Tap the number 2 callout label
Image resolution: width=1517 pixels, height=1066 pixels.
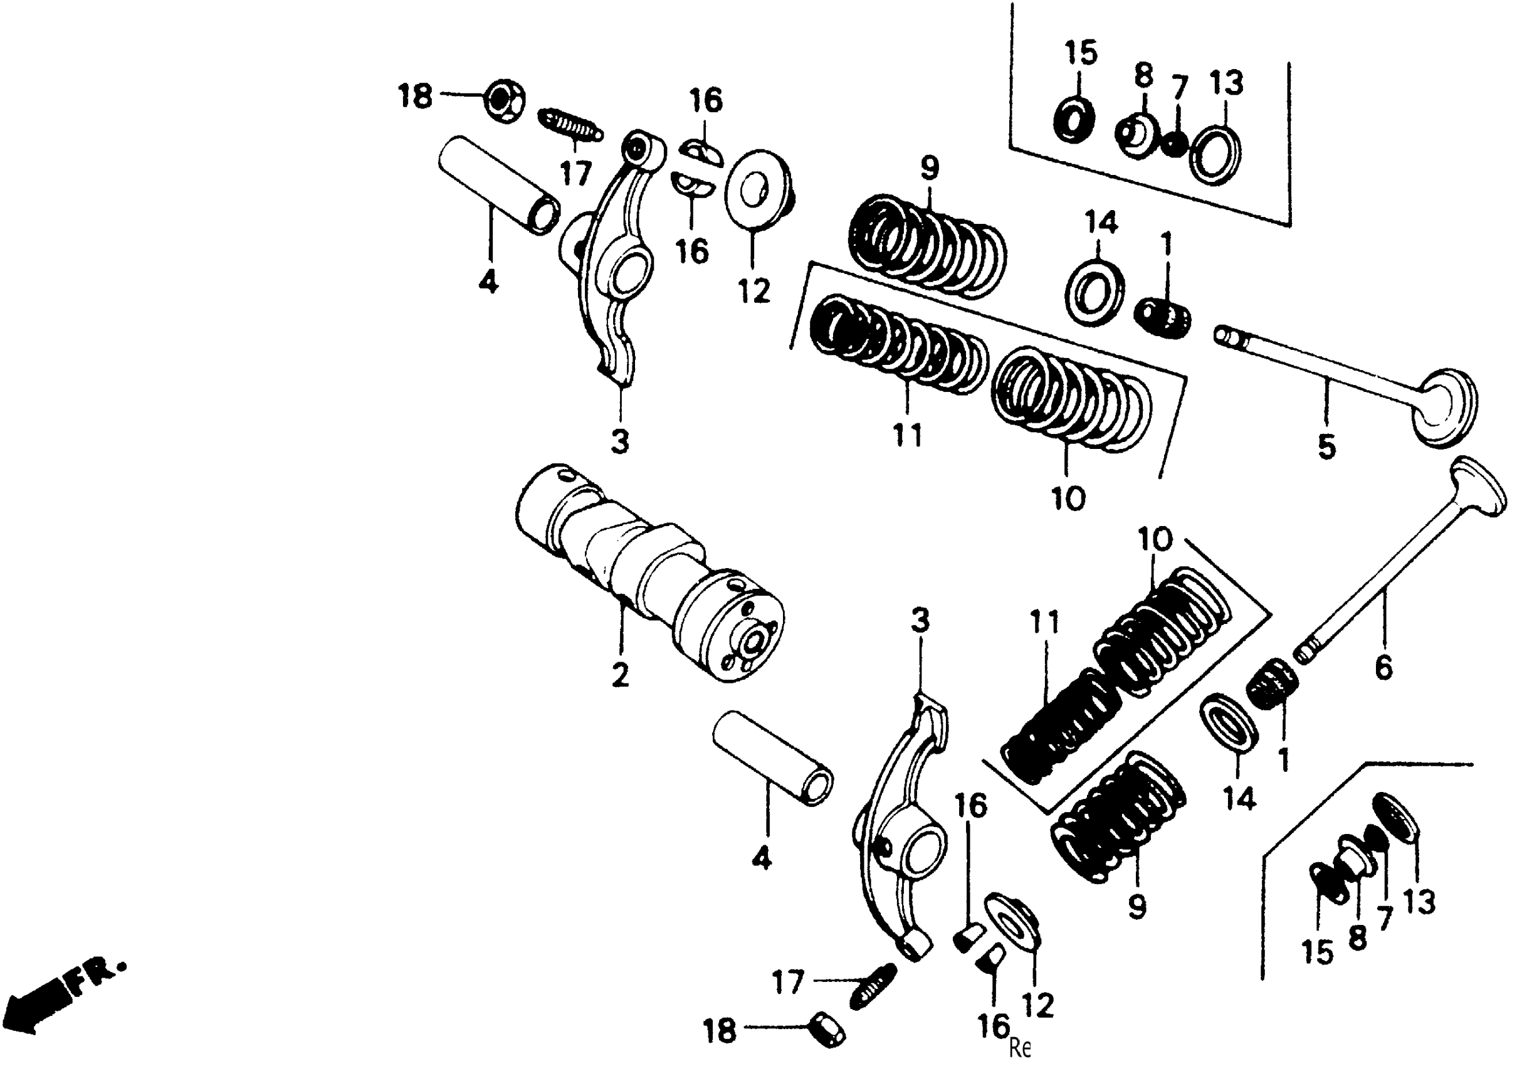[x=620, y=675]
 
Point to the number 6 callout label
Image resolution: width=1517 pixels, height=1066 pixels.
[x=1383, y=667]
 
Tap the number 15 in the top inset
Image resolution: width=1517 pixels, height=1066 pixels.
[x=1081, y=53]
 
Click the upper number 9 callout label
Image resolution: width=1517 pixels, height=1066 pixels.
[x=929, y=168]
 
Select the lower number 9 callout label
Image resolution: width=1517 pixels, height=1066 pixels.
[x=1136, y=907]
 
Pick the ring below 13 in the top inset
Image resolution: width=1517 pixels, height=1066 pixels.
[x=1214, y=156]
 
